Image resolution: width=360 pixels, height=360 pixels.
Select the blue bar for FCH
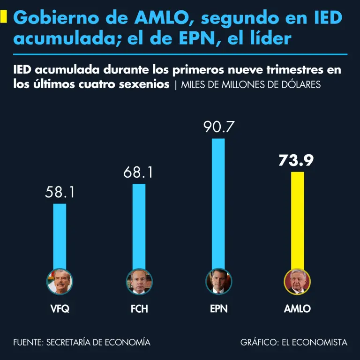[x=139, y=225]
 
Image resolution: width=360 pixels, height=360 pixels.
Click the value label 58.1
[x=60, y=192]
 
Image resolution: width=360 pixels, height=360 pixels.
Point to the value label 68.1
[x=139, y=172]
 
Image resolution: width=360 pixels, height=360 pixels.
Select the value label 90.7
[x=218, y=127]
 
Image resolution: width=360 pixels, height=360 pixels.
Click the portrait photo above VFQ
[x=60, y=282]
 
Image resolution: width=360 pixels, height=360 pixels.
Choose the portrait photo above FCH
[x=139, y=282]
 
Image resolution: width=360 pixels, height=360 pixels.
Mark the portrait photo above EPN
[x=218, y=282]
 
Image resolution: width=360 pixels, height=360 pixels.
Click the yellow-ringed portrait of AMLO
[x=298, y=282]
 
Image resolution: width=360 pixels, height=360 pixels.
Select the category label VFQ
[x=60, y=309]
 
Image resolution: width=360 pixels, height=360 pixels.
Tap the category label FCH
[x=139, y=309]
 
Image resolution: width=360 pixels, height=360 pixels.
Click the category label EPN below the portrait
[x=218, y=309]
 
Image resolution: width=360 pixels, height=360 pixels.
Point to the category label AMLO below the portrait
[x=298, y=309]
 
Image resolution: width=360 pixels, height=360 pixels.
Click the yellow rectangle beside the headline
[x=4, y=18]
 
